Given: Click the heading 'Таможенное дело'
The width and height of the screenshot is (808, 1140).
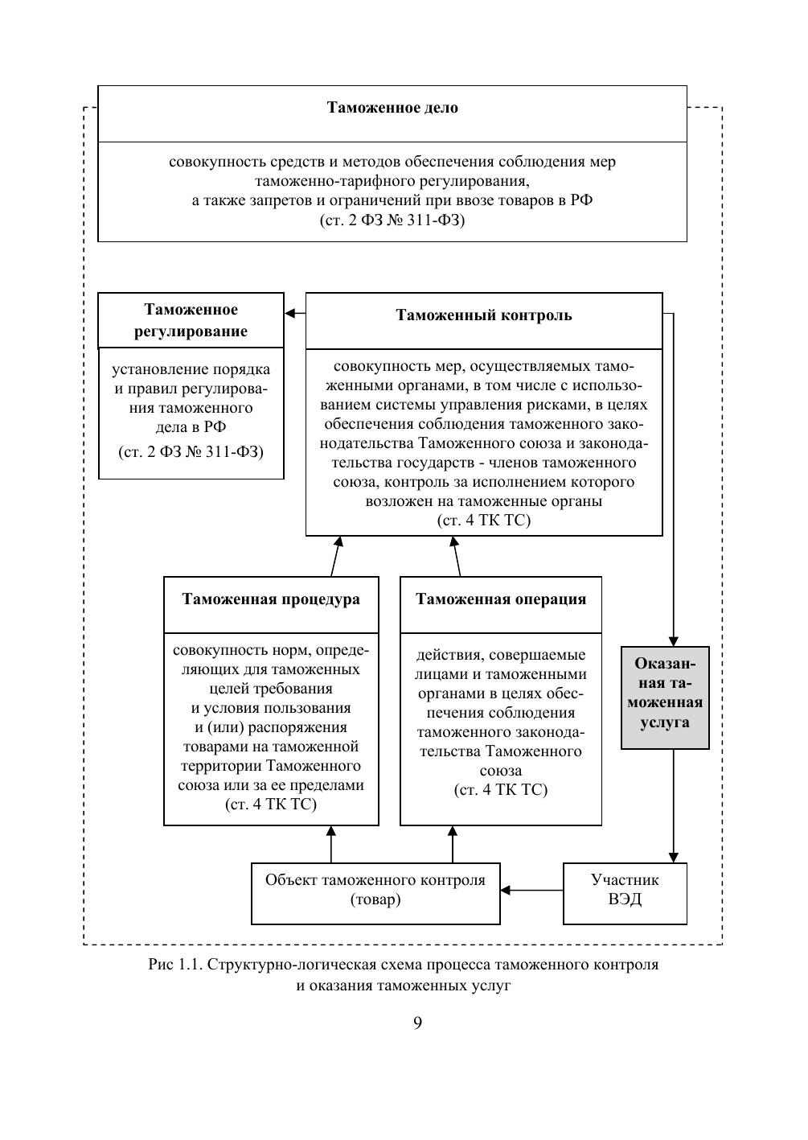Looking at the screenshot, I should (392, 108).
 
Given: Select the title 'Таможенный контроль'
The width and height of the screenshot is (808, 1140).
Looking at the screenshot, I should (484, 315).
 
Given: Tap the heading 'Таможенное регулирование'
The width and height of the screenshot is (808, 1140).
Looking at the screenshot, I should (191, 320).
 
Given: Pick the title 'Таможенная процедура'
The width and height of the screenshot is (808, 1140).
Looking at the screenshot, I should (271, 599).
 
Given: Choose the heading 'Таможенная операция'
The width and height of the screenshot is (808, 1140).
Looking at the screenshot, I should (501, 599).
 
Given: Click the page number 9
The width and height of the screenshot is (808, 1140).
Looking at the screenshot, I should (418, 1023).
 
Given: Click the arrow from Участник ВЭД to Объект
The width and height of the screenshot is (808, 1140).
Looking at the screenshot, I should (531, 891).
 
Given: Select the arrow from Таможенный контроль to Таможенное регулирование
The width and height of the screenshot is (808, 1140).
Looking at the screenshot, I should (295, 314).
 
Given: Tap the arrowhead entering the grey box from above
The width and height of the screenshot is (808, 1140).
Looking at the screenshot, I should (674, 640).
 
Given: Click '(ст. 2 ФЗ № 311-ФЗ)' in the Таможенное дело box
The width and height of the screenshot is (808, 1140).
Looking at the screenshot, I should (392, 220).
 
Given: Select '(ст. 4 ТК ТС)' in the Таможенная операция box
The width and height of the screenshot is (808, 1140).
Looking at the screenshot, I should (501, 790).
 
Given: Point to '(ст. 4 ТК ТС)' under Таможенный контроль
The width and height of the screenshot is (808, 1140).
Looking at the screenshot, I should (484, 521).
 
